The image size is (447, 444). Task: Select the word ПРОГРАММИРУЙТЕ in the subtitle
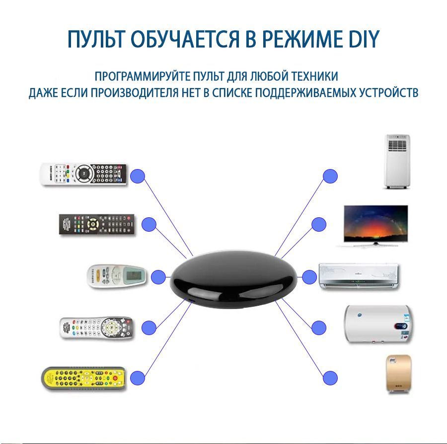point(143,76)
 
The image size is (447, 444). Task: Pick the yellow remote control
point(84,379)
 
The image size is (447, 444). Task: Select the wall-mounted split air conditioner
point(359,276)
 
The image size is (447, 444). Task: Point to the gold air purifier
point(398,374)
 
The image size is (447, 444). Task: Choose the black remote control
point(97,225)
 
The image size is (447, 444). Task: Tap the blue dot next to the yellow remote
point(138,378)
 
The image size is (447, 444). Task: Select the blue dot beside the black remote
point(149,225)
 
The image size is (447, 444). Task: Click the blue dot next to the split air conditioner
point(309,277)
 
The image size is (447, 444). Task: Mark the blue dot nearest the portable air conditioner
point(330,176)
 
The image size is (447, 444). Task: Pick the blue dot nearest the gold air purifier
point(330,378)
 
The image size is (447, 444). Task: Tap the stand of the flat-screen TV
point(375,244)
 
